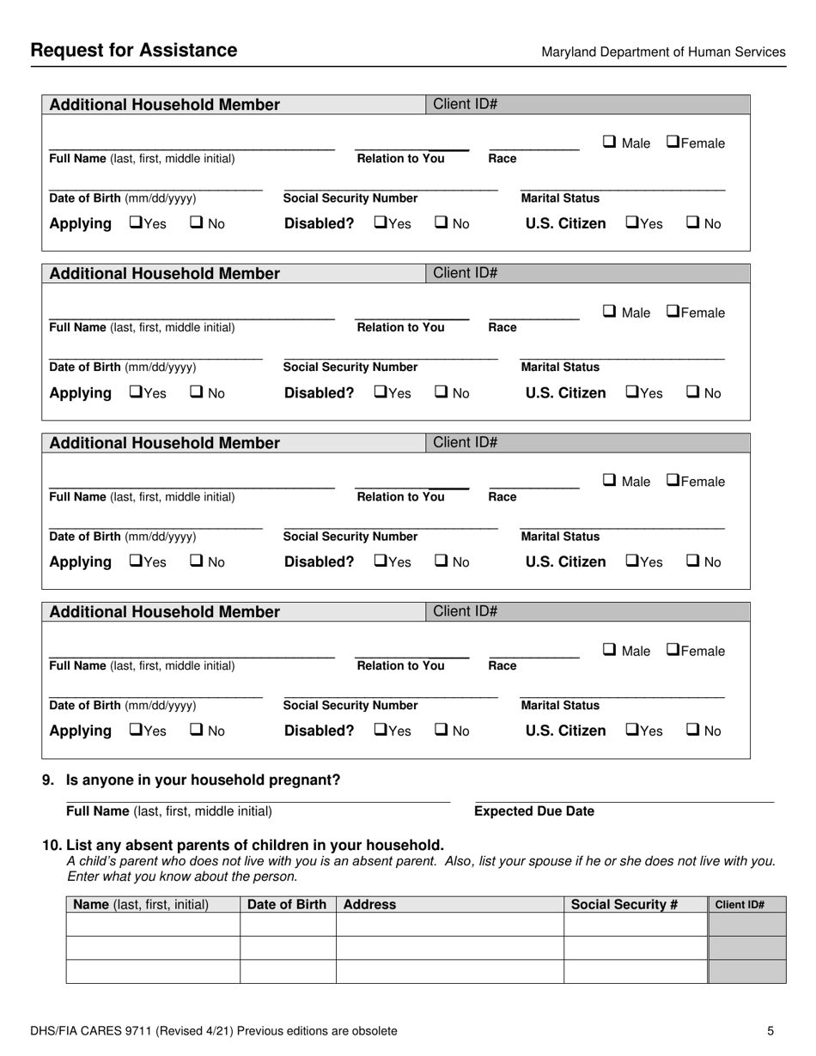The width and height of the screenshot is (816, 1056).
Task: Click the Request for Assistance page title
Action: coord(134,51)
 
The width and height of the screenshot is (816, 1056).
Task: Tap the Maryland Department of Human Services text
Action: coord(663,52)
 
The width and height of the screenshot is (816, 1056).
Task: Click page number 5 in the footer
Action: coord(770,1031)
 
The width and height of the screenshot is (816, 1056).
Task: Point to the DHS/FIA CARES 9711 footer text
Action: coord(214,1031)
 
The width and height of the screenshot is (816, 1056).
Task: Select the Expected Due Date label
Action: coord(534,811)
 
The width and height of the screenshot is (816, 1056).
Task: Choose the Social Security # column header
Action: coord(624,904)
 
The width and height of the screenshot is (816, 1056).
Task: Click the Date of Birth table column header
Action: coord(288,904)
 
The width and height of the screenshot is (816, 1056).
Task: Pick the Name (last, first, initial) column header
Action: coord(142,904)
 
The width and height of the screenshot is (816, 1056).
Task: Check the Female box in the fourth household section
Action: coord(673,650)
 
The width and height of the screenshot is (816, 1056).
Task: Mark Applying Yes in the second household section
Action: coord(136,392)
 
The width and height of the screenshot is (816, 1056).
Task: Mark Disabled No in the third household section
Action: coord(441,561)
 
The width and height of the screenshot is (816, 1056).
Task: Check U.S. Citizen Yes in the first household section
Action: coord(631,223)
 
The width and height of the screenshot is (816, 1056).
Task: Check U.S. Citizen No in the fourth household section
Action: coord(692,731)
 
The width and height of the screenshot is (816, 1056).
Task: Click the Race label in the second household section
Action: coord(502,327)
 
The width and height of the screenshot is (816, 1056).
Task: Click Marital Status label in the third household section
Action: coord(561,537)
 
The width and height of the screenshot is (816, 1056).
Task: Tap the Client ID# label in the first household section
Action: coord(466,105)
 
